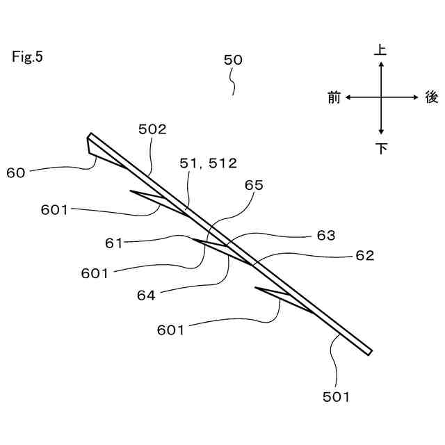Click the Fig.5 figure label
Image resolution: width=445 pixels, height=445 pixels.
tap(27, 57)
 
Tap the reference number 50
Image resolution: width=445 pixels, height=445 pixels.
tap(233, 60)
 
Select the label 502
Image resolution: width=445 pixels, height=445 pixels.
tap(152, 129)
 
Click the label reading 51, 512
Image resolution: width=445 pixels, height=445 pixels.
tap(209, 163)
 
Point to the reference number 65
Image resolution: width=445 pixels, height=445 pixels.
tap(254, 185)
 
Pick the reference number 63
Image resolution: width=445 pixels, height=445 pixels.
tap(326, 235)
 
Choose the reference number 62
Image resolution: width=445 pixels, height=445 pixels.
tap(364, 255)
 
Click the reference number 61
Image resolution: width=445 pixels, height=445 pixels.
tap(114, 243)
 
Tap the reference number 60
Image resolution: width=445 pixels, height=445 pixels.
tap(15, 172)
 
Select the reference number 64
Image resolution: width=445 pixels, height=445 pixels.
tap(146, 294)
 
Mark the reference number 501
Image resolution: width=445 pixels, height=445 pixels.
tap(336, 397)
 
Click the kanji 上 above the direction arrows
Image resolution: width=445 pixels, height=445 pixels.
tap(381, 50)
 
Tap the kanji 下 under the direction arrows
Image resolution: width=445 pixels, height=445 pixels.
tap(381, 148)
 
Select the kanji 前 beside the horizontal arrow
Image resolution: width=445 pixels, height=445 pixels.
tap(334, 98)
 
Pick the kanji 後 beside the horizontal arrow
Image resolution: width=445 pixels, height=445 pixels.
tap(431, 98)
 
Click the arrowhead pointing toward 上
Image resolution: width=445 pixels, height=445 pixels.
tap(381, 65)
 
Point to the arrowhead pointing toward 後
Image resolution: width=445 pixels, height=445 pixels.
tap(415, 98)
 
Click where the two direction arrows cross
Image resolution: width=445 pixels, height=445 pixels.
tap(381, 98)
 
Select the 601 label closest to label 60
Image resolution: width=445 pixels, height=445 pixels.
tap(55, 209)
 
